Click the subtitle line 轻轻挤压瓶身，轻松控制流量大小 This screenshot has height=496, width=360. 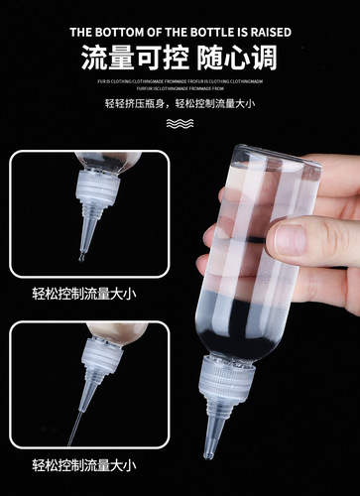[180, 103]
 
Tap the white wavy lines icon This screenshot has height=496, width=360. [180, 124]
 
